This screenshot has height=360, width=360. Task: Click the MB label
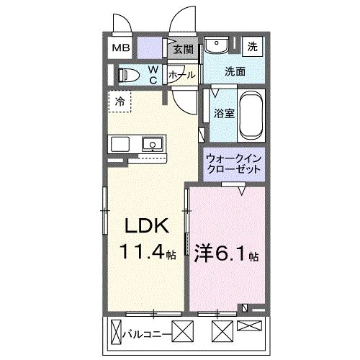120,49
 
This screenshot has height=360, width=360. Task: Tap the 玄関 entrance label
183,50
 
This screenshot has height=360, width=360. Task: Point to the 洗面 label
235,71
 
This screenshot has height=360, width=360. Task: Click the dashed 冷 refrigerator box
120,101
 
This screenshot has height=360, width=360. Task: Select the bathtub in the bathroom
253,117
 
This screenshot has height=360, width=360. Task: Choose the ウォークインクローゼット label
233,163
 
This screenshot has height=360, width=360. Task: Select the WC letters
153,75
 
